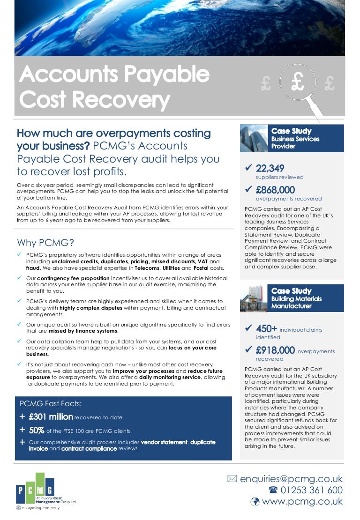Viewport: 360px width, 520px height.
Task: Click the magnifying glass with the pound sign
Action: click(298, 83)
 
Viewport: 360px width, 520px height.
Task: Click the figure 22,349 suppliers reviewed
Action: click(270, 168)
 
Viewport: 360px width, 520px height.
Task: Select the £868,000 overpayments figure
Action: click(275, 190)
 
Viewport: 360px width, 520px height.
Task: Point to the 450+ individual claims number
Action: click(266, 329)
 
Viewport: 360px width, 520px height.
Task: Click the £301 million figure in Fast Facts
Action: click(51, 416)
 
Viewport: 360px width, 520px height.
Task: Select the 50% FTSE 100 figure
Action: click(37, 430)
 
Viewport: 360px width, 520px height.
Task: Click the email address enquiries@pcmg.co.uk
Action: click(291, 479)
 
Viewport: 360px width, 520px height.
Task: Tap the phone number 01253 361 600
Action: click(312, 490)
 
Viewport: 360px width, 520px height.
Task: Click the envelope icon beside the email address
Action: click(232, 479)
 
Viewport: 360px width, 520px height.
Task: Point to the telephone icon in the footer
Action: click(273, 490)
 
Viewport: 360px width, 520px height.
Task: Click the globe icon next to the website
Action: click(255, 502)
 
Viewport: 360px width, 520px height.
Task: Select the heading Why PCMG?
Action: click(45, 243)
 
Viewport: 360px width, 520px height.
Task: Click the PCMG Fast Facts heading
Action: click(51, 403)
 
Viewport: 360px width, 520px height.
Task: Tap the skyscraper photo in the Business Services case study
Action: click(254, 138)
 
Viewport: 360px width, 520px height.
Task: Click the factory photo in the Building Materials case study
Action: click(254, 298)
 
